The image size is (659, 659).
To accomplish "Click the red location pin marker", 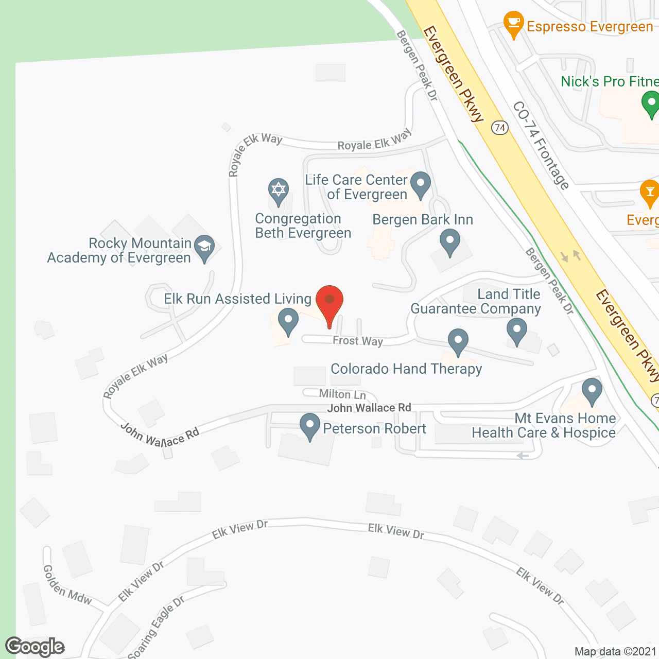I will [x=329, y=304].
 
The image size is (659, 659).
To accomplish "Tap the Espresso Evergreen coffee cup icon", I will [x=513, y=23].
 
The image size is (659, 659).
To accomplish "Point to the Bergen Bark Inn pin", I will [x=450, y=242].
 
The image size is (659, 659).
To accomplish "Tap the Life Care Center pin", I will [x=421, y=184].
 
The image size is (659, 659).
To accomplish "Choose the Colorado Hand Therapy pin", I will [x=458, y=341].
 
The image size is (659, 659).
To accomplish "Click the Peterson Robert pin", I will [x=310, y=426].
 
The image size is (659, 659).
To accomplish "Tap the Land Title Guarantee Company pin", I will [x=517, y=331].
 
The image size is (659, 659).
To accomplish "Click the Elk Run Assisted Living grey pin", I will [x=288, y=321].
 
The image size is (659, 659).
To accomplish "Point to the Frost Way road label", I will [x=358, y=341].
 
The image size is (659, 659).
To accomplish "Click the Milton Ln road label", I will [x=342, y=394].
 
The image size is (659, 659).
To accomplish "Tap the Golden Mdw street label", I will [x=67, y=585].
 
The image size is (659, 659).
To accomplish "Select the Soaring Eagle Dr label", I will [x=156, y=628].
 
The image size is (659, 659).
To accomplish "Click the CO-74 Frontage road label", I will [x=541, y=145].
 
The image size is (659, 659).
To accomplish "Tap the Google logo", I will [x=35, y=647].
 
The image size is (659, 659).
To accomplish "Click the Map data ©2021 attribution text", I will [x=616, y=652].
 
